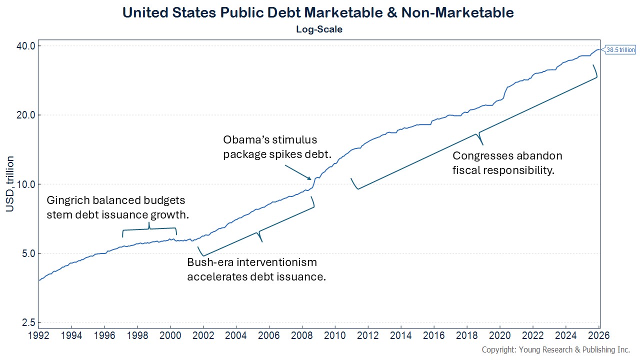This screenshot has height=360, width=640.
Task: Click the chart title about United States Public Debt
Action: [x=318, y=12]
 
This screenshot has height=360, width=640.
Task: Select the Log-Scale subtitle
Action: [x=319, y=29]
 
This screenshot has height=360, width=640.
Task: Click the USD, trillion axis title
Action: [x=10, y=183]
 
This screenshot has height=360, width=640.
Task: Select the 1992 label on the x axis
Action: [x=39, y=335]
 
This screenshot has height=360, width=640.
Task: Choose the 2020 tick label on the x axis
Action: [x=500, y=335]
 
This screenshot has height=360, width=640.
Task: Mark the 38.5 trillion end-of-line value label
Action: [x=620, y=49]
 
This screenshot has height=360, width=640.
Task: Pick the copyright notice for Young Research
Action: [x=555, y=349]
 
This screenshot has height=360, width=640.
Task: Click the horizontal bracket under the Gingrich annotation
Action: [x=149, y=229]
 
